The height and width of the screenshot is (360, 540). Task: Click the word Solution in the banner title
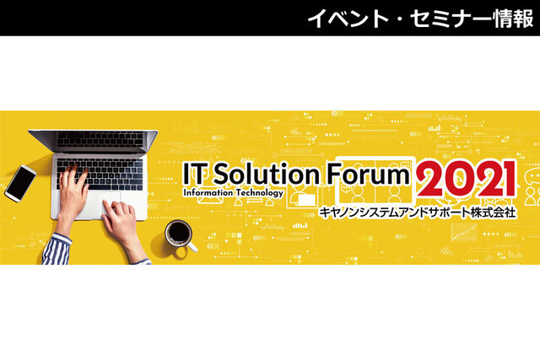267,174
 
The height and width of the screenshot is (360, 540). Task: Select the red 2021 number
467,180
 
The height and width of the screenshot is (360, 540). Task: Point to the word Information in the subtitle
208,192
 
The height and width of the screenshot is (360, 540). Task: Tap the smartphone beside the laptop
20,183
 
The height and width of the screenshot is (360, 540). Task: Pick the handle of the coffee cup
192,246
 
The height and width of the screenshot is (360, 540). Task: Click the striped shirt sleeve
56,250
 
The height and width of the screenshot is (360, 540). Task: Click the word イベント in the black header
347,18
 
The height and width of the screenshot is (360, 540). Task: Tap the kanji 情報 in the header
514,18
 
